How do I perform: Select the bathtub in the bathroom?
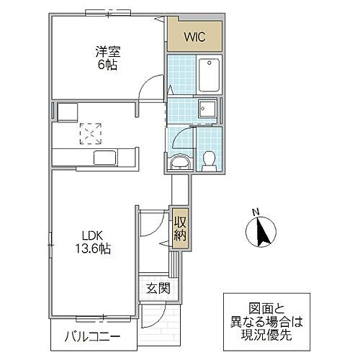[209, 71]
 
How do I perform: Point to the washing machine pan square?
[209, 109]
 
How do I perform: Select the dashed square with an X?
[91, 133]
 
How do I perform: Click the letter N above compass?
[256, 211]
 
